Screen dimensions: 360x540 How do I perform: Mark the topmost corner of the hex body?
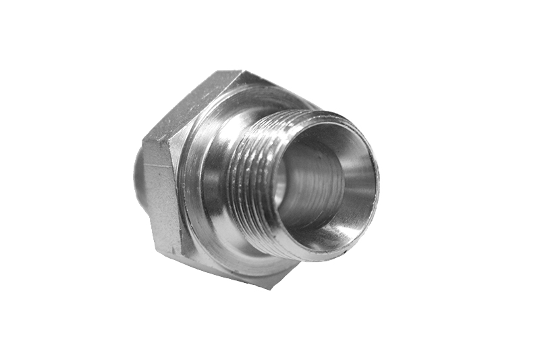pyautogui.click(x=240, y=72)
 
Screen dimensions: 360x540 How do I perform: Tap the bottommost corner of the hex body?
pyautogui.click(x=270, y=288)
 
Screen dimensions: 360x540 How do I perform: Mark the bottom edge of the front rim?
pyautogui.click(x=317, y=260)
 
